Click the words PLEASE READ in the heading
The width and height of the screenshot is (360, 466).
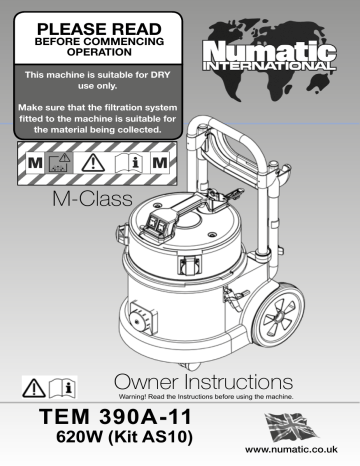click(x=85, y=19)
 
